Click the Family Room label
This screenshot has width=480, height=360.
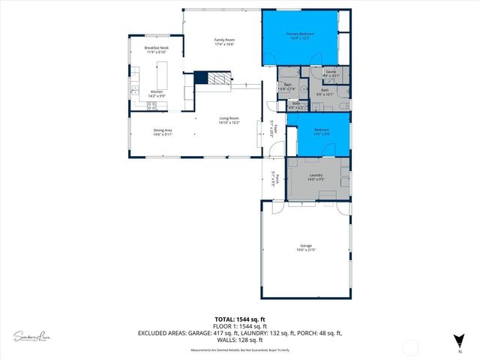pos(224,40)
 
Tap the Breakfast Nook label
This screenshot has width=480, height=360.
pos(156,48)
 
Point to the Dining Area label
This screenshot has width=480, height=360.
pos(163,130)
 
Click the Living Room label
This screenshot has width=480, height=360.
pos(229,118)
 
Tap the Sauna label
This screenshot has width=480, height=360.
pos(331,72)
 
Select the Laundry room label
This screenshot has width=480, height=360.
pos(315,175)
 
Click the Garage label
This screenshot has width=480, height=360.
pos(306,246)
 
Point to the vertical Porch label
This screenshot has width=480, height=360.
pos(277,178)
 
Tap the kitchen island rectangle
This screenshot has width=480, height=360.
pos(162,76)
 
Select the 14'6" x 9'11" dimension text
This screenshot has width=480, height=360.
pos(163,135)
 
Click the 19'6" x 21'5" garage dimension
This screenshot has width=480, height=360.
pos(306,250)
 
